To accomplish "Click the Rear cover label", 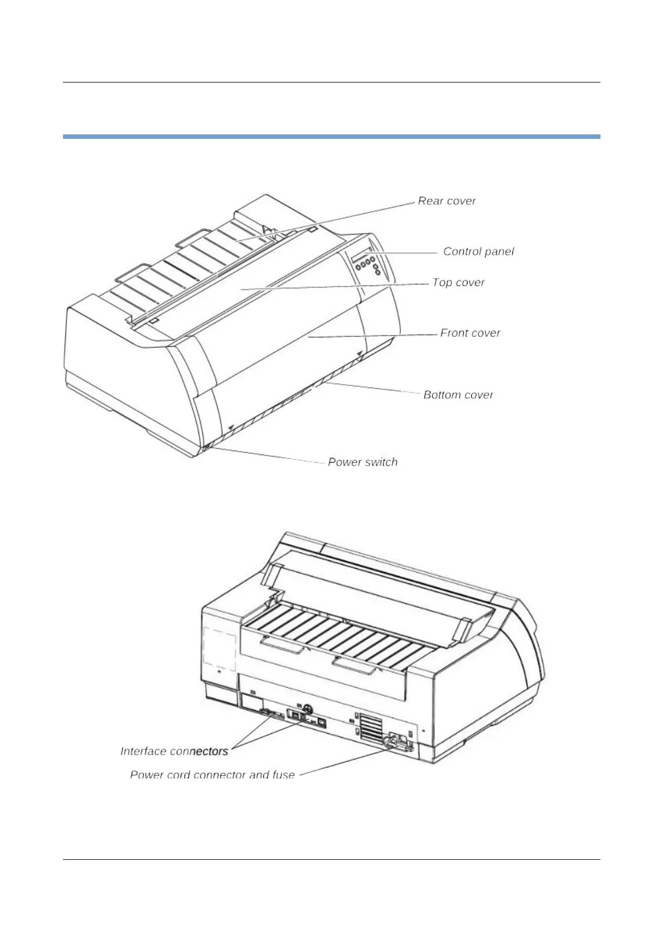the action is click(447, 201).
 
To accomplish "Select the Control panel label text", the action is click(478, 252).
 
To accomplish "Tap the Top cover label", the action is click(458, 283).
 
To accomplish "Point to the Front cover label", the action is click(470, 333).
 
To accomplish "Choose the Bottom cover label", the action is click(458, 395).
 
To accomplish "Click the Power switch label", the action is click(362, 462).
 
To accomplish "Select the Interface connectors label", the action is click(174, 752).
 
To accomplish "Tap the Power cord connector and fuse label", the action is click(212, 775).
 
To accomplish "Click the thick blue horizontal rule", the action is click(331, 136).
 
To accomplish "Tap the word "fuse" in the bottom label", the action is click(283, 775).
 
